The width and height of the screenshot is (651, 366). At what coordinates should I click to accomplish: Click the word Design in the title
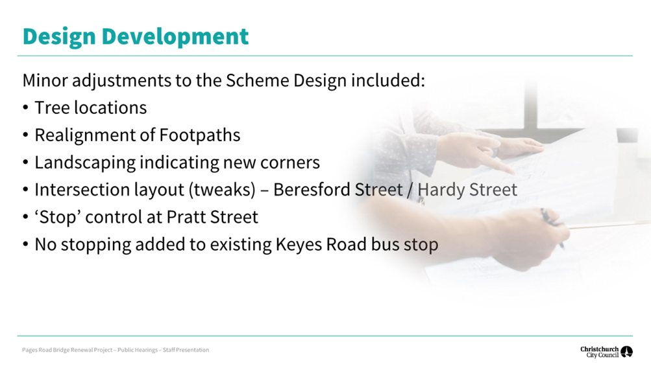tap(59, 37)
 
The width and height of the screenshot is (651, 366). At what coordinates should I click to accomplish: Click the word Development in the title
tap(175, 36)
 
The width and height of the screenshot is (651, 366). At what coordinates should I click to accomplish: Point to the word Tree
tap(52, 108)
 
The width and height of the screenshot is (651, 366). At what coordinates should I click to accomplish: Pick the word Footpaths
tap(200, 135)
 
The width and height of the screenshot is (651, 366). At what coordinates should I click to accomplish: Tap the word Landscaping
tap(85, 163)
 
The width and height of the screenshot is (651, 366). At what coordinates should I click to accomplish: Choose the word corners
tap(290, 163)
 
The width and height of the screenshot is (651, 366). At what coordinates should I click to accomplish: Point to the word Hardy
tap(440, 190)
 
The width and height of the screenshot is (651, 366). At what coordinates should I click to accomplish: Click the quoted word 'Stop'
tap(58, 217)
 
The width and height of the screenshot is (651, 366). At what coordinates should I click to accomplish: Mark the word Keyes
tap(299, 245)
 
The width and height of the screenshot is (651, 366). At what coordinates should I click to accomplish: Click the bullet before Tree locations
tap(26, 108)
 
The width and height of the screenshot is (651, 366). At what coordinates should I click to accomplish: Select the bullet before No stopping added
tap(26, 245)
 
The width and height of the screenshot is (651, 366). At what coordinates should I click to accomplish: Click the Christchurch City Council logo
tap(606, 352)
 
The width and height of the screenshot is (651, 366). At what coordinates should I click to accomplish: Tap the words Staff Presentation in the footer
tap(186, 350)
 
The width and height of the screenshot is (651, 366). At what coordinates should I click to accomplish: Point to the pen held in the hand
tap(552, 227)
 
